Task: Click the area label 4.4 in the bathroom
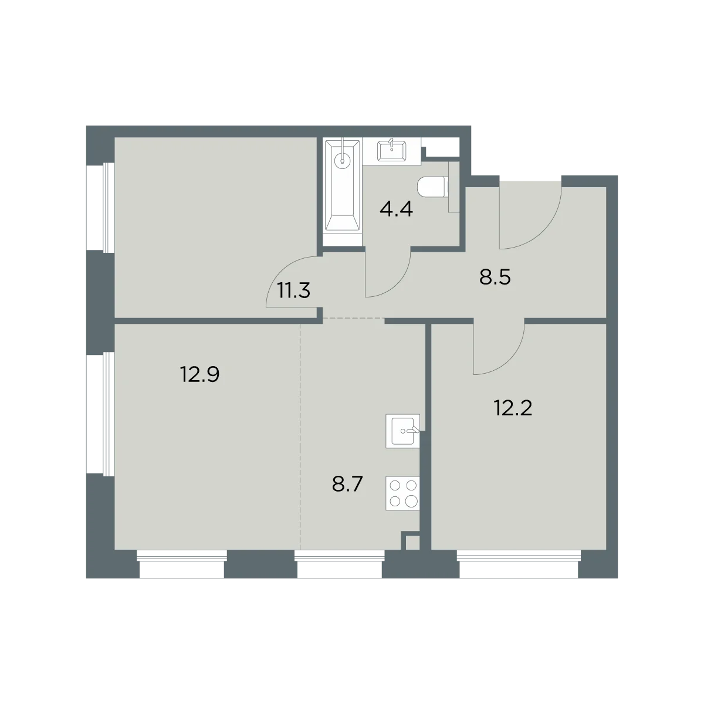(x=396, y=209)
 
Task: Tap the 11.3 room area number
(x=294, y=290)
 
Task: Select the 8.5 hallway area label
(x=495, y=277)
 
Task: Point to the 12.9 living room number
(x=199, y=374)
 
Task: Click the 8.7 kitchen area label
(x=347, y=485)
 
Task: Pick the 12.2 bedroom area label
(x=513, y=408)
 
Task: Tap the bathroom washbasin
(x=391, y=151)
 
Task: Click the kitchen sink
(x=402, y=431)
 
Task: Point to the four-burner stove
(x=402, y=493)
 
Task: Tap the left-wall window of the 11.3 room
(x=100, y=208)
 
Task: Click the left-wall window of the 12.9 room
(x=100, y=414)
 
